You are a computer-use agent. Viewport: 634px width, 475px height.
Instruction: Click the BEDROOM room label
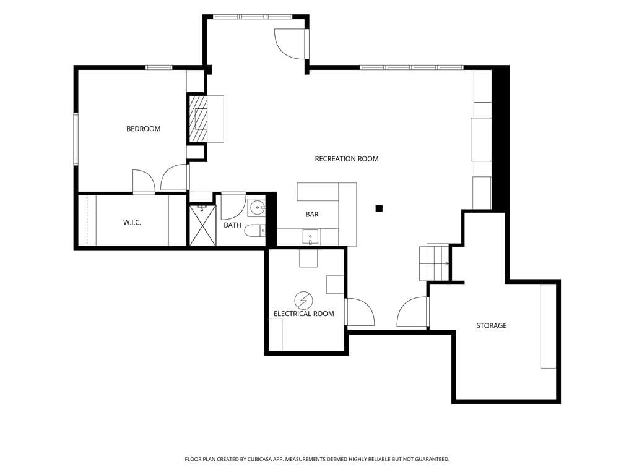144,129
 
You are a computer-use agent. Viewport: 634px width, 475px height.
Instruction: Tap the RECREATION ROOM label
347,159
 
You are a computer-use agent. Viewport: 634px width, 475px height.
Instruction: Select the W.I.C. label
132,222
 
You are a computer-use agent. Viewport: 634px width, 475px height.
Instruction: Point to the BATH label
233,225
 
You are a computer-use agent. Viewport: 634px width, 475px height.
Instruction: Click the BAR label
312,214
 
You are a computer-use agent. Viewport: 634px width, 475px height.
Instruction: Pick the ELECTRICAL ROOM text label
303,314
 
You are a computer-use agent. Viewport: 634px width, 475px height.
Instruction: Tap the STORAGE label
491,325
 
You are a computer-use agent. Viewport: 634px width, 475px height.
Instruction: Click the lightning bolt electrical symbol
303,300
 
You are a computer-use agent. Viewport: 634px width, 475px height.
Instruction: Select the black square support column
379,208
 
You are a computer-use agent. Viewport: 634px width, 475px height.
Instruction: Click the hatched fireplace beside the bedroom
198,118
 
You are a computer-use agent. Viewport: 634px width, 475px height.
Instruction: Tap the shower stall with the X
202,225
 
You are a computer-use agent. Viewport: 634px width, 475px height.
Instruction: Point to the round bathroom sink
257,208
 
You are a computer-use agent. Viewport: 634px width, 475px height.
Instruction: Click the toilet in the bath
254,231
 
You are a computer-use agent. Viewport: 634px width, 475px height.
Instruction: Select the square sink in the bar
310,237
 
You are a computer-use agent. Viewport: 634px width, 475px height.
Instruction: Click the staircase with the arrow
434,262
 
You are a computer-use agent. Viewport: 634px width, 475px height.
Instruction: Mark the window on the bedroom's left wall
76,139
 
